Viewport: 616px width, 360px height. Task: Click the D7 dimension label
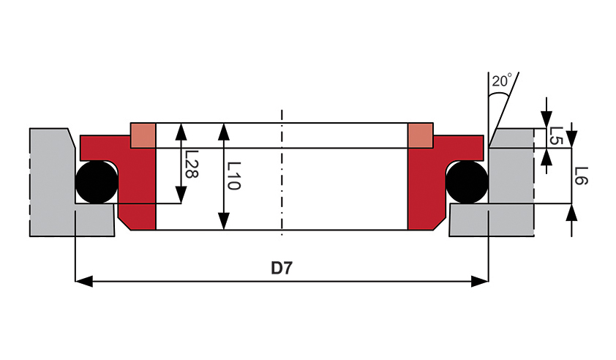282,269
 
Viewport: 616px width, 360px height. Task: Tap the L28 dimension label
192,165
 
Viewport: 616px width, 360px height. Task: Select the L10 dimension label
234,176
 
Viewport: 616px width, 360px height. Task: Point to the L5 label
556,135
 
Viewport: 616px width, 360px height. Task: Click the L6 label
581,176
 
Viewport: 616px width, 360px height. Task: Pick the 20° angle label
502,80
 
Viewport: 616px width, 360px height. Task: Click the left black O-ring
97,181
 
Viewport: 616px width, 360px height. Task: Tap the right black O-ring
467,181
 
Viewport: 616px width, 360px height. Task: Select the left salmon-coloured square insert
143,135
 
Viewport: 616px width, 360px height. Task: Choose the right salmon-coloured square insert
421,135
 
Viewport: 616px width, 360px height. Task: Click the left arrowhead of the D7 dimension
83,282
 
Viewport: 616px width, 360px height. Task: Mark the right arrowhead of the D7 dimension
480,282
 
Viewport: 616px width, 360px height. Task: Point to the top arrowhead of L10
224,132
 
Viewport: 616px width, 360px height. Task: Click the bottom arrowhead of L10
224,221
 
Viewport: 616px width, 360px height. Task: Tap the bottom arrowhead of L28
181,195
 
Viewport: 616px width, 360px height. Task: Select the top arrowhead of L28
181,132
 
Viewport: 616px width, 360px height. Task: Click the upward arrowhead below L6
572,212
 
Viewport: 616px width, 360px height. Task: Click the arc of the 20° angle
499,94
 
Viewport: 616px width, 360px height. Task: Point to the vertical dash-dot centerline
282,173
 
